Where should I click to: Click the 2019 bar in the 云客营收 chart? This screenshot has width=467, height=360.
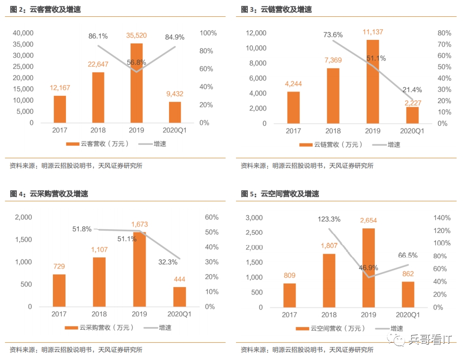point(137,83)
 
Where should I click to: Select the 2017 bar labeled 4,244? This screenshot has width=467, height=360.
point(293,107)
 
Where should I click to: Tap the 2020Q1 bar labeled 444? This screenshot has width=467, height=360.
point(179,297)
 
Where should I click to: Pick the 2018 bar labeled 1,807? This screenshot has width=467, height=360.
point(329,280)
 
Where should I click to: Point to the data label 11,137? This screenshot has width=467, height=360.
point(373,32)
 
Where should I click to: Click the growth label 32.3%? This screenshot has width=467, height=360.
point(168,261)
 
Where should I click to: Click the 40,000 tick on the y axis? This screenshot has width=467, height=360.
point(23,33)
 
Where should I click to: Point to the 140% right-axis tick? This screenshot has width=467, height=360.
point(442,218)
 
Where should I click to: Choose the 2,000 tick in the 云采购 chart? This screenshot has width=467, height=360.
point(24,217)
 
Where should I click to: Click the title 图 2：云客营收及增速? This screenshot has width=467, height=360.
point(45,9)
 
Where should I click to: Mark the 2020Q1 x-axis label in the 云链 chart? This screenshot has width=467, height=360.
point(412,131)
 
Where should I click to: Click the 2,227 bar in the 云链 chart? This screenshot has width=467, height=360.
point(412,115)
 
